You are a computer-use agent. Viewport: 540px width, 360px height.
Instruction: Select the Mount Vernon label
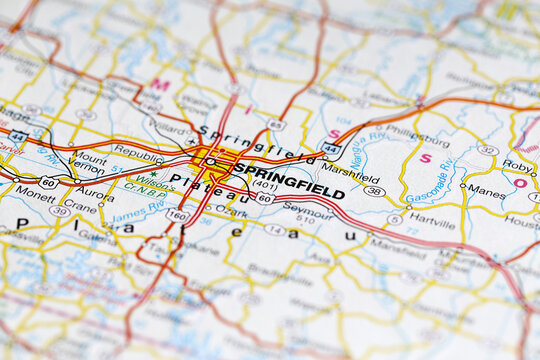coord(88,164)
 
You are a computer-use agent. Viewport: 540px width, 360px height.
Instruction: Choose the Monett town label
coord(35,199)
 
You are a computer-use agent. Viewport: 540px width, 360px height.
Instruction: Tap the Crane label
coord(80,207)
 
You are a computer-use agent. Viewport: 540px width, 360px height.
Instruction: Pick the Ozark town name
coord(232,212)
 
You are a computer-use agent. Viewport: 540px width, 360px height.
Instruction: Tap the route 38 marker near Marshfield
coord(374,190)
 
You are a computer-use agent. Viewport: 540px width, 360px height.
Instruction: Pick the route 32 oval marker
coord(487,150)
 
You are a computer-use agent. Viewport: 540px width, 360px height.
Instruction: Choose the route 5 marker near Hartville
coord(395,219)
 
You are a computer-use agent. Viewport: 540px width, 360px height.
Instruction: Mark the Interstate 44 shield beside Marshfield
coord(331,148)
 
